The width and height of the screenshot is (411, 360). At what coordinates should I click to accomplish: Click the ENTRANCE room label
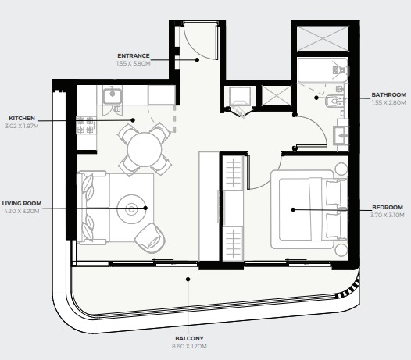[134, 55]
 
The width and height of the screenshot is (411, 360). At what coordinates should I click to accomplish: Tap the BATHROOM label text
[389, 94]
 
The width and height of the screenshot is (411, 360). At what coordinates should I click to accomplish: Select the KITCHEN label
[22, 119]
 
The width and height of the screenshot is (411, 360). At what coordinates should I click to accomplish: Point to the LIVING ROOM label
[22, 203]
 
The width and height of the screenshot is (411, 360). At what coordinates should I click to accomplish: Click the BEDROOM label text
[388, 207]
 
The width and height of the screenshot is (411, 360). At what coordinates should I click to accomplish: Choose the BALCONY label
[189, 338]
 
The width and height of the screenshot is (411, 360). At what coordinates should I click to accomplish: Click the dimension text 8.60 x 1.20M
[189, 347]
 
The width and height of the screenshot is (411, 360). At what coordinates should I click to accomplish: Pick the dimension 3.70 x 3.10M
[388, 216]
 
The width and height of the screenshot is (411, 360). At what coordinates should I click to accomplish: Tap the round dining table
[145, 150]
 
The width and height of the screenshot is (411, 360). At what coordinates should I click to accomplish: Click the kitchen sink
[113, 96]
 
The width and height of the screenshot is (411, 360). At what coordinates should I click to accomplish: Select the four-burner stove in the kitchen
[86, 125]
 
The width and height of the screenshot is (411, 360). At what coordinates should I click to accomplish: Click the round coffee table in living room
[131, 209]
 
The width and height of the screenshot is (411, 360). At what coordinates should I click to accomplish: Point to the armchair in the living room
[150, 238]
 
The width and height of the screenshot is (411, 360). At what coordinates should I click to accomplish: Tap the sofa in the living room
[92, 208]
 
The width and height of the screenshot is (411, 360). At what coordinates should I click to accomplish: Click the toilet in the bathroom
[334, 102]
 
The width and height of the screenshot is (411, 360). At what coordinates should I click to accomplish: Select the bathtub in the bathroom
[323, 70]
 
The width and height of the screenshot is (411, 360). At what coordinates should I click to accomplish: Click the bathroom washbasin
[341, 135]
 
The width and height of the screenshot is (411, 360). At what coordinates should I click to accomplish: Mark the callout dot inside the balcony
[188, 280]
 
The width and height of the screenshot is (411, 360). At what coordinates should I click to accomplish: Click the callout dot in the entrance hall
[197, 59]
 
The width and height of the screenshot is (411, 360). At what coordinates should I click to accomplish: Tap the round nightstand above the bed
[341, 169]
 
